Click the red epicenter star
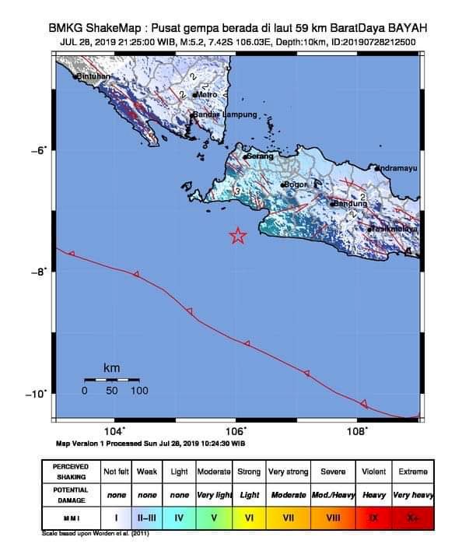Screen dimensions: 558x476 pyautogui.click(x=238, y=236)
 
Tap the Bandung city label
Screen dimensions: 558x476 pyautogui.click(x=348, y=204)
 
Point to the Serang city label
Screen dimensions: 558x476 pyautogui.click(x=260, y=156)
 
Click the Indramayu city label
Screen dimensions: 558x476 pyautogui.click(x=397, y=168)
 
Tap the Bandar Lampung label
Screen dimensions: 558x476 pyautogui.click(x=225, y=114)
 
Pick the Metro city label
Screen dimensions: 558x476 pyautogui.click(x=206, y=94)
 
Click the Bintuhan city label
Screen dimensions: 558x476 pyautogui.click(x=94, y=76)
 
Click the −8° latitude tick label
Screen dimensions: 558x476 pyautogui.click(x=40, y=272)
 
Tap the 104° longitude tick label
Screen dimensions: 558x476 pyautogui.click(x=114, y=430)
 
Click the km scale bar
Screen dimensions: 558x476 pyautogui.click(x=111, y=379)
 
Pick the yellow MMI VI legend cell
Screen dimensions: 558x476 pyautogui.click(x=249, y=516)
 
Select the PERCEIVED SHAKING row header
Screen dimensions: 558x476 pyautogui.click(x=70, y=472)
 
